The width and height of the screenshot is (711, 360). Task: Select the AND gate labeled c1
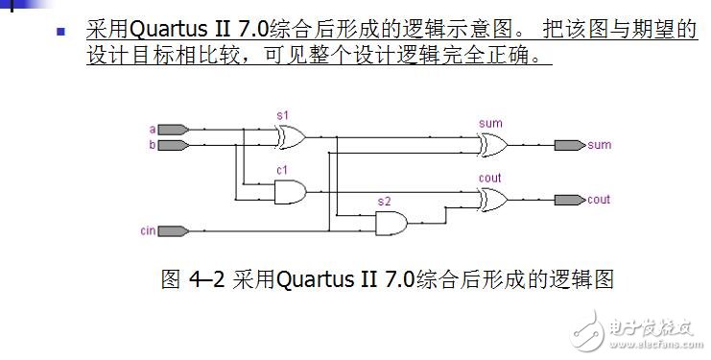click(289, 193)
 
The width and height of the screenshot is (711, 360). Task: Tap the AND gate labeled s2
click(391, 224)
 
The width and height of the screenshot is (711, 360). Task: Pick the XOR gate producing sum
click(493, 145)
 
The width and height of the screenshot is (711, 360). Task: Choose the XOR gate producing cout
click(493, 199)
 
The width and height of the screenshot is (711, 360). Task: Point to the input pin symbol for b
click(173, 146)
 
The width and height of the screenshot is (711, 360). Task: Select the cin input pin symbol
click(173, 230)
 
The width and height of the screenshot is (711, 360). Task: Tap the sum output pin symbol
click(569, 146)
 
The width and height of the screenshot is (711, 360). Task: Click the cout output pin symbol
click(569, 200)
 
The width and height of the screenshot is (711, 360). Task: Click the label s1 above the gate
click(282, 115)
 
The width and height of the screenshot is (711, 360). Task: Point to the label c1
click(282, 170)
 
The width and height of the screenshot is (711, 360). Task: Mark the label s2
click(384, 202)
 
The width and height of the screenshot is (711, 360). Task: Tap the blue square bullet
click(60, 31)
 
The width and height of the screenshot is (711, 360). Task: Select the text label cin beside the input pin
click(148, 230)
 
